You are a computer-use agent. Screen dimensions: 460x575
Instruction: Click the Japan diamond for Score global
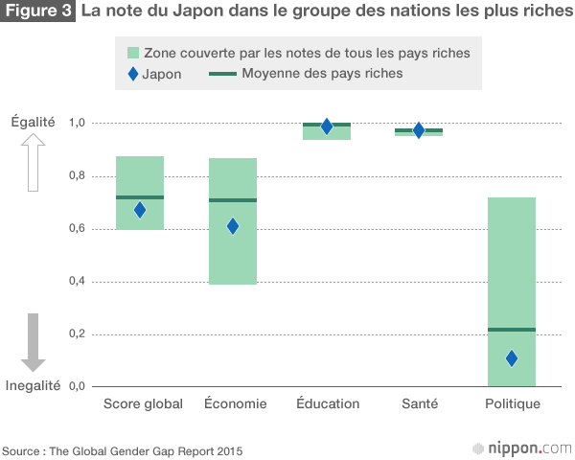[140, 210]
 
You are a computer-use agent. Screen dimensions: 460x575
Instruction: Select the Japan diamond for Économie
[232, 226]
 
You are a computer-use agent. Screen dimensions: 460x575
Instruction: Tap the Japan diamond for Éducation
[327, 126]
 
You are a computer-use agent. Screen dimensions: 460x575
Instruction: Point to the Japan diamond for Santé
[419, 130]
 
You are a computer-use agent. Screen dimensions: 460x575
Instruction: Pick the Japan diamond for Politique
[512, 358]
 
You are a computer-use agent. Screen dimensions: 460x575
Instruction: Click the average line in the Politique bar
[512, 330]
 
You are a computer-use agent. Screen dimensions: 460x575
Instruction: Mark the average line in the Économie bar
[232, 200]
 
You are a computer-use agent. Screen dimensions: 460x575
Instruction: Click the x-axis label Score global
[143, 403]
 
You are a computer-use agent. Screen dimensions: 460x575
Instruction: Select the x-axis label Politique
[513, 403]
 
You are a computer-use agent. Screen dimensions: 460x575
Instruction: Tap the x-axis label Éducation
[328, 403]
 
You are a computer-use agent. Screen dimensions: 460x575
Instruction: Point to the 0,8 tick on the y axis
[77, 176]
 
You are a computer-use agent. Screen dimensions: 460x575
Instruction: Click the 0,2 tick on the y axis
[77, 333]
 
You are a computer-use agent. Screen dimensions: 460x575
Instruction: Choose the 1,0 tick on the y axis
[77, 124]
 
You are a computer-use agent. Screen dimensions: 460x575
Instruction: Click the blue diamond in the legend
[132, 74]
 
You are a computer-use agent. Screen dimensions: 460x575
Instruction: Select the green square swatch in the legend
[132, 53]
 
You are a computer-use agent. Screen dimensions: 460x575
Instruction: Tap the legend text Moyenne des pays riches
[322, 74]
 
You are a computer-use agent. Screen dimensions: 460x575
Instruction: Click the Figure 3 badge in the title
[38, 13]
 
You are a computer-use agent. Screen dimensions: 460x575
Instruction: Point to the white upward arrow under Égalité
[34, 162]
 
